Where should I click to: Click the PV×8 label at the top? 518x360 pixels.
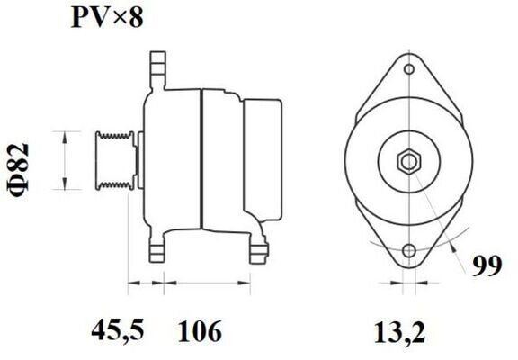tap(107, 17)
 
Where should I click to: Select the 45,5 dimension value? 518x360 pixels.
tap(118, 330)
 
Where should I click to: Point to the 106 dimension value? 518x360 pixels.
tap(200, 330)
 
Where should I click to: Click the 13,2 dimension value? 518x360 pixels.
tap(399, 331)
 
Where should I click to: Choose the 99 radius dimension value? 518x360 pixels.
tap(487, 265)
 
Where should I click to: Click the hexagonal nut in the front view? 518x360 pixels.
tap(409, 162)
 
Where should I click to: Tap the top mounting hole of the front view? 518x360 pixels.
tap(409, 70)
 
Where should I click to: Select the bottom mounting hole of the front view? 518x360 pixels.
tap(409, 250)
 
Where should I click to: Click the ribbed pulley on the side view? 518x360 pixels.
tap(114, 161)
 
